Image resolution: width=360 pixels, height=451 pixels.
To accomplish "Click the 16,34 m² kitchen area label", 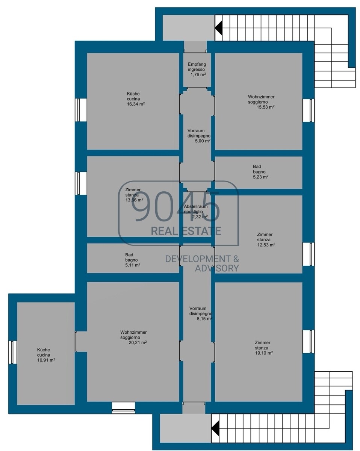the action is tap(136, 99).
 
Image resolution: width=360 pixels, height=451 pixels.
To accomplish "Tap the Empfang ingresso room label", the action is tap(197, 70).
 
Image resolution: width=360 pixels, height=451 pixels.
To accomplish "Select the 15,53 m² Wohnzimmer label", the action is tap(261, 102).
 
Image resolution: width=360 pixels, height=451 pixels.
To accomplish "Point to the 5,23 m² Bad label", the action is tap(260, 172).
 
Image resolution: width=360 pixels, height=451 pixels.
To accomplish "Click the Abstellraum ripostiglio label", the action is tap(196, 212).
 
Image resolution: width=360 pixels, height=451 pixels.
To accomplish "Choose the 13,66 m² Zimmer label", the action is tap(134, 195).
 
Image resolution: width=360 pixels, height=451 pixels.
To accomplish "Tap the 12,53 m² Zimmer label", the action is tap(266, 239).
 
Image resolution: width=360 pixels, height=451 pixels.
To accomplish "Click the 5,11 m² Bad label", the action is tap(132, 260).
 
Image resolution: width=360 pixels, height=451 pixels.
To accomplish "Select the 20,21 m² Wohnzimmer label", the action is tap(133, 337).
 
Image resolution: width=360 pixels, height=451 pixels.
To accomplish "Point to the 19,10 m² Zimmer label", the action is tap(263, 348).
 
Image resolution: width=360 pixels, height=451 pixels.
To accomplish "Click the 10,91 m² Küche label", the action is tap(46, 355).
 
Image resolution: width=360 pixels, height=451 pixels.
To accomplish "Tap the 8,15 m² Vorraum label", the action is tap(201, 314).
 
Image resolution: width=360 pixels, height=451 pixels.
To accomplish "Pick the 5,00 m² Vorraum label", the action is tap(199, 136).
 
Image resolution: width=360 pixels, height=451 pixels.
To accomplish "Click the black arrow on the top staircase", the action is tap(219, 28).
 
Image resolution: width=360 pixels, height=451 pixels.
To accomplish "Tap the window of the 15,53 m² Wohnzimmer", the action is tap(308, 110).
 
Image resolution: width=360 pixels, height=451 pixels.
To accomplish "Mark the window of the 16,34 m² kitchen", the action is tap(81, 110).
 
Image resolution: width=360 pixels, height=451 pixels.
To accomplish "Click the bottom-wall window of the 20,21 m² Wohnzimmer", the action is tap(123, 408).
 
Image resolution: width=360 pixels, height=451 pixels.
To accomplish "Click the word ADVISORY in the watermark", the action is tap(217, 268).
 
